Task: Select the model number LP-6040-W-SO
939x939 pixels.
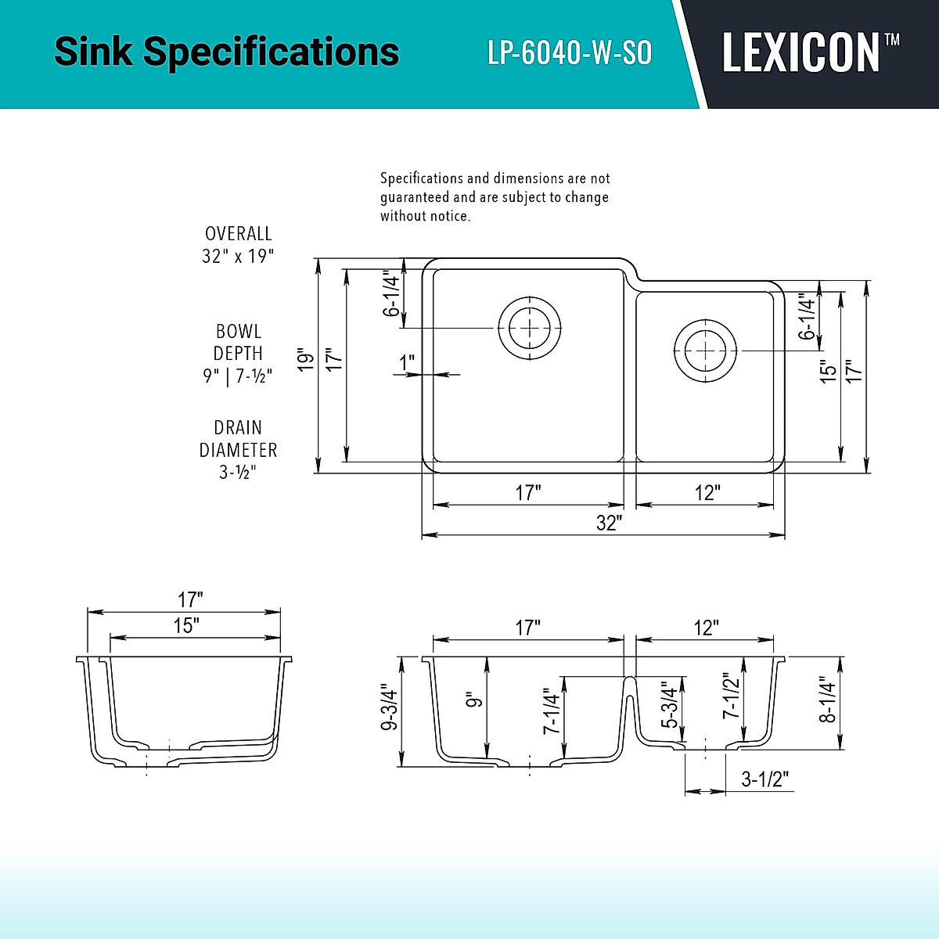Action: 570,52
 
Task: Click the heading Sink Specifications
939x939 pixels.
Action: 226,52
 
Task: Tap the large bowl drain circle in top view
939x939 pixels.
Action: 530,327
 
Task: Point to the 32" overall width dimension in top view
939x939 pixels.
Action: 608,523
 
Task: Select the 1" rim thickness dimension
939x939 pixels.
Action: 407,362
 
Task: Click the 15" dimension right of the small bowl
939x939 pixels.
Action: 828,370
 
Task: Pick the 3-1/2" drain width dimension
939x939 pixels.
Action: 765,779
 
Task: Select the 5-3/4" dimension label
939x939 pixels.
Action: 669,706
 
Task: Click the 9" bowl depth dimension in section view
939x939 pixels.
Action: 472,699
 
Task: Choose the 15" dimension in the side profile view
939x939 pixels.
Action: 186,625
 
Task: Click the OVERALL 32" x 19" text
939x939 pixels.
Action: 238,245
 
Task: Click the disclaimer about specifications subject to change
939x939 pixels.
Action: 495,197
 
